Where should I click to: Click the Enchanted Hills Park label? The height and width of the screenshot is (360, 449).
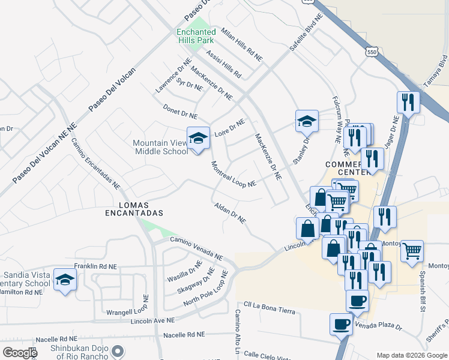[196, 35]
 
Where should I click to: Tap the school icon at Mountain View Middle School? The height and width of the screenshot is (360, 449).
[198, 139]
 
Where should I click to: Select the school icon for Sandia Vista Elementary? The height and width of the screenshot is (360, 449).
[65, 279]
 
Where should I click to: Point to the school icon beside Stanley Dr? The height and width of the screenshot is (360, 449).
[307, 121]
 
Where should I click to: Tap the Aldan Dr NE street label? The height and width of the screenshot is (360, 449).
[230, 213]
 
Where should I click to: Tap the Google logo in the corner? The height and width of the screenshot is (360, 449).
[20, 353]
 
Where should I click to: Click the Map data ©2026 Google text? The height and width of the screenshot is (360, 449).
[411, 355]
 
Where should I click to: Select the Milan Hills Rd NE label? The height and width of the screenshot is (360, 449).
[241, 45]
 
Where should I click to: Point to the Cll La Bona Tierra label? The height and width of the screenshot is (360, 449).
[269, 307]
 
